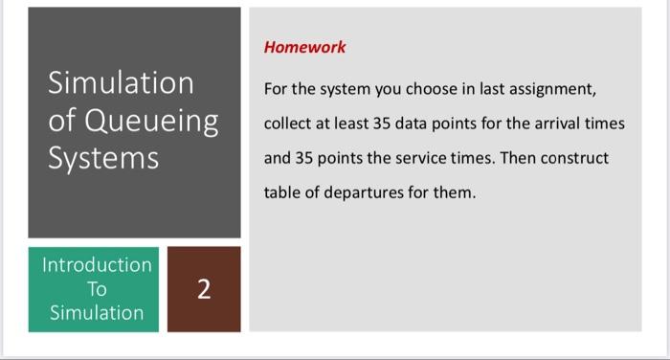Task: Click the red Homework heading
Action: point(305,47)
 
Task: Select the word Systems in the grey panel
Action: point(104,158)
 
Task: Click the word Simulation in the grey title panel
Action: point(122,83)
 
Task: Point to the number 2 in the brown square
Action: point(204,289)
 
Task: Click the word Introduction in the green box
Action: point(96,264)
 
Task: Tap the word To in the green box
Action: point(96,288)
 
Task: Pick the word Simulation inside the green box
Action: point(96,312)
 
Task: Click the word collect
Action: point(289,124)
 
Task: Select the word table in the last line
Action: point(282,192)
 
